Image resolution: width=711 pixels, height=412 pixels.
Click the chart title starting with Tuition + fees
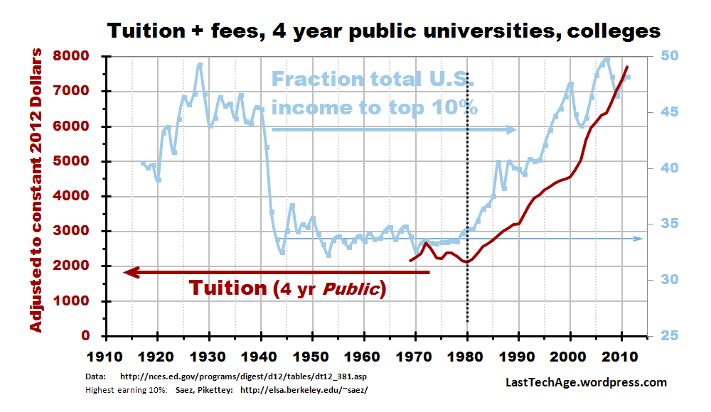383,31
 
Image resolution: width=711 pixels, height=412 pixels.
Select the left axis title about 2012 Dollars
36,191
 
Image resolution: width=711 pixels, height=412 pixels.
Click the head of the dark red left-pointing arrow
128,271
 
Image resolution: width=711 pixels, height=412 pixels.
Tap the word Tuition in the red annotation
227,288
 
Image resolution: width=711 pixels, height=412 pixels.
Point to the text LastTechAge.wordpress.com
586,383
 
